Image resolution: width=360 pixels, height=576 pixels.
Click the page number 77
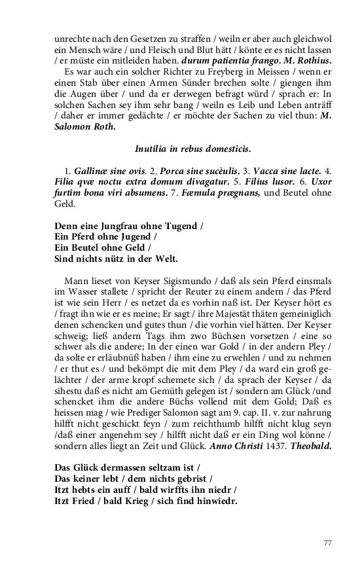pyautogui.click(x=329, y=543)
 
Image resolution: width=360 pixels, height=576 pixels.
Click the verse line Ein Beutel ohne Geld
pyautogui.click(x=102, y=247)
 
